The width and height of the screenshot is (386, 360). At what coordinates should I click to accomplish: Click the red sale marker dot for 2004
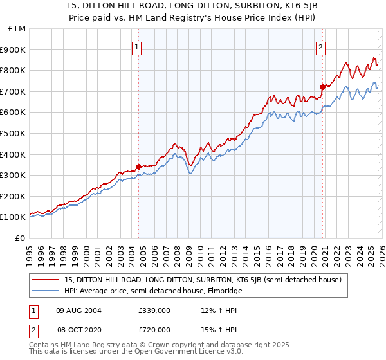coord(138,166)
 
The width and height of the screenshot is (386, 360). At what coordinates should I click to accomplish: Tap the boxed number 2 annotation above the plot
coord(320,46)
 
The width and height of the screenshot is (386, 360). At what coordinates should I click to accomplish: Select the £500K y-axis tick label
coord(14,134)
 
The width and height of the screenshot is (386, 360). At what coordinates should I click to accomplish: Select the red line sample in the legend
coord(46,280)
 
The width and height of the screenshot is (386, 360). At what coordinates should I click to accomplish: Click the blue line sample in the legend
coord(46,291)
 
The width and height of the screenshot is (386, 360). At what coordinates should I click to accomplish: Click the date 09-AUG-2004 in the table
coord(78,310)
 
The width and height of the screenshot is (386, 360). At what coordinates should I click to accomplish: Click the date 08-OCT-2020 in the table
coord(78,329)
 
